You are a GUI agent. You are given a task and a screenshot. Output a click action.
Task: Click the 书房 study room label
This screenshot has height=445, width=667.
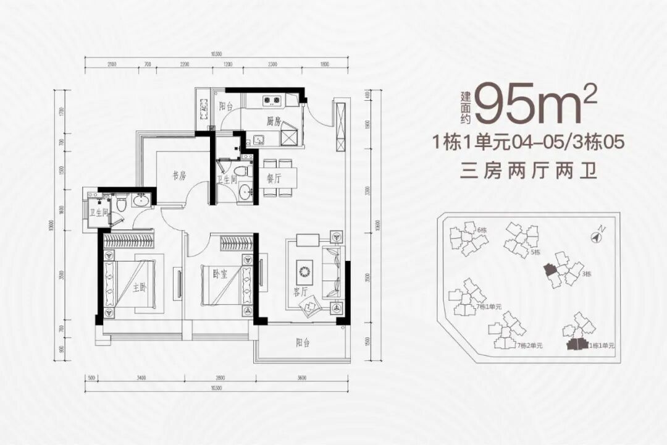pos(179,176)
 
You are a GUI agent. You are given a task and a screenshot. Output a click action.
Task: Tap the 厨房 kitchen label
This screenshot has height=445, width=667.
pos(274,122)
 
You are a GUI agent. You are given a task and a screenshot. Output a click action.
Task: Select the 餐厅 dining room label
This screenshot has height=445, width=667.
pos(274,178)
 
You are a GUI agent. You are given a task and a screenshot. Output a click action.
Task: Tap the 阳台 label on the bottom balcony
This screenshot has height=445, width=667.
pos(302,343)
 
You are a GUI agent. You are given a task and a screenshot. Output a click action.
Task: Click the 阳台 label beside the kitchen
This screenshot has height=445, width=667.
pos(226,106)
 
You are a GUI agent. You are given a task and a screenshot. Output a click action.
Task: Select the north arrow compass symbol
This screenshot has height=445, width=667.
pos(597,235)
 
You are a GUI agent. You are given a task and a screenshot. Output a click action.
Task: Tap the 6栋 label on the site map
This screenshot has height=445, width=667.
pos(482,230)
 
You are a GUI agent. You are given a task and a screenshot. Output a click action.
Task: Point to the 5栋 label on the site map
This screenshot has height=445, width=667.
pos(535,252)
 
